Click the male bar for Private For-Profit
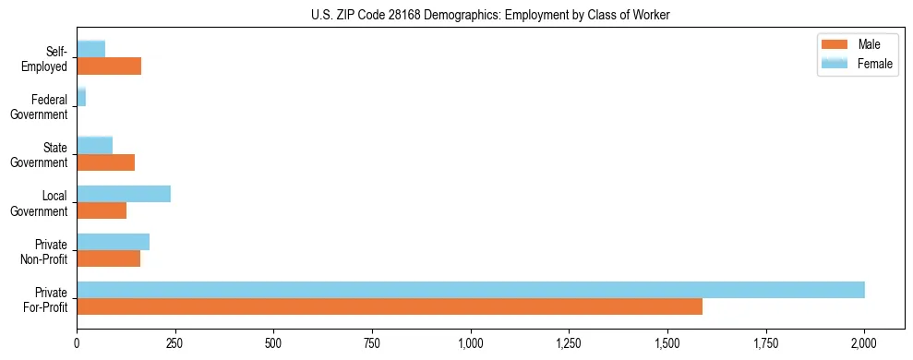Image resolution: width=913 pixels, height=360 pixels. tap(389, 306)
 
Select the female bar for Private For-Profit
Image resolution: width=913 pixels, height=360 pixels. tap(470, 290)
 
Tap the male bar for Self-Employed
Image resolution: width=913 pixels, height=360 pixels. tap(109, 66)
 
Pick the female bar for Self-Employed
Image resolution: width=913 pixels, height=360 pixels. tap(90, 49)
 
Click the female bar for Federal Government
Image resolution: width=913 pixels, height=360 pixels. tap(81, 97)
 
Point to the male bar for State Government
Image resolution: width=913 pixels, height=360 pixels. tap(105, 162)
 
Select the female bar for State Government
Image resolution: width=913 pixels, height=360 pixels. tap(94, 145)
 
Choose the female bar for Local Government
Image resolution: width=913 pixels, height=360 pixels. tap(124, 194)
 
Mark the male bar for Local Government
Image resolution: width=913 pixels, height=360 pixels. tap(102, 210)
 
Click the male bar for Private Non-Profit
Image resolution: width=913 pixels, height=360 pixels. tap(108, 258)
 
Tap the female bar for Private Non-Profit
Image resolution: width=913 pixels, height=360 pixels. tap(113, 242)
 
